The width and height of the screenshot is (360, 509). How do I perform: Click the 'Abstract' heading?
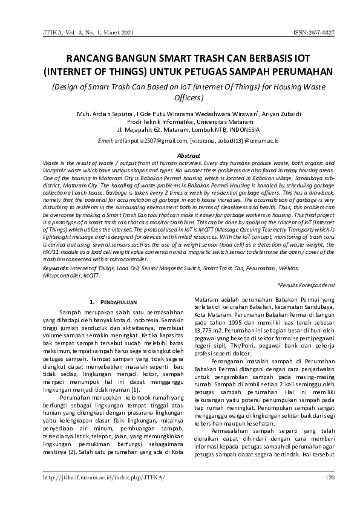pos(180,156)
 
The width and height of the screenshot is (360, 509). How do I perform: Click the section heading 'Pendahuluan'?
pos(114,301)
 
